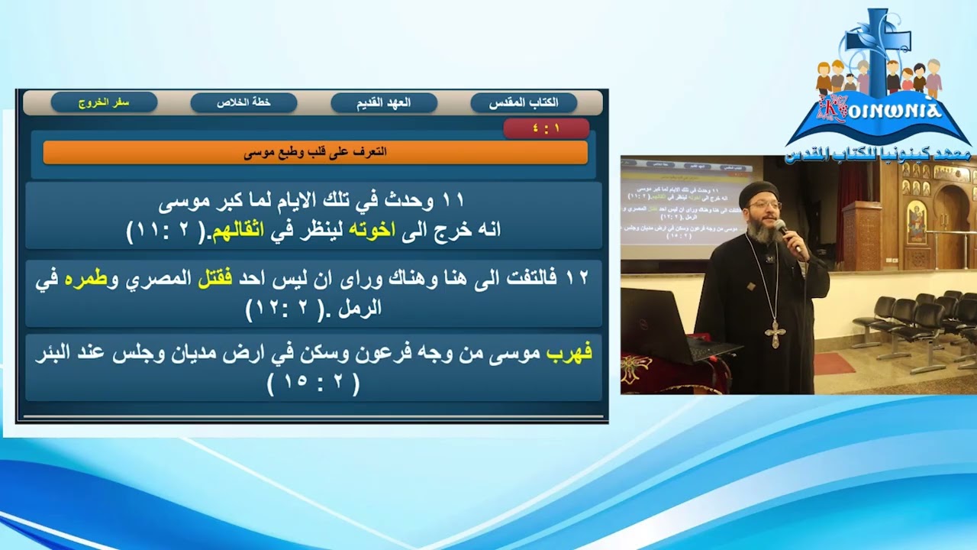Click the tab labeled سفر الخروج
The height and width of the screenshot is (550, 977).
[104, 102]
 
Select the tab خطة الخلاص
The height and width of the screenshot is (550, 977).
[243, 102]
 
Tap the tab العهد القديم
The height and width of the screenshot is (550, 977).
[384, 102]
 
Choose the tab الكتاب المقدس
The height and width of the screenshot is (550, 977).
[524, 102]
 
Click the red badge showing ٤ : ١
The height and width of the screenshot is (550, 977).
[546, 128]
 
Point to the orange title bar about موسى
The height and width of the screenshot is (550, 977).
[315, 152]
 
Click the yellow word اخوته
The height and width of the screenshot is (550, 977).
[373, 230]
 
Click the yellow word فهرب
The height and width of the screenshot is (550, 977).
[569, 354]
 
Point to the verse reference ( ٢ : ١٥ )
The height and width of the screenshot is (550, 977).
[314, 383]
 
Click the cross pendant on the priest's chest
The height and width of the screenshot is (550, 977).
[775, 333]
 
